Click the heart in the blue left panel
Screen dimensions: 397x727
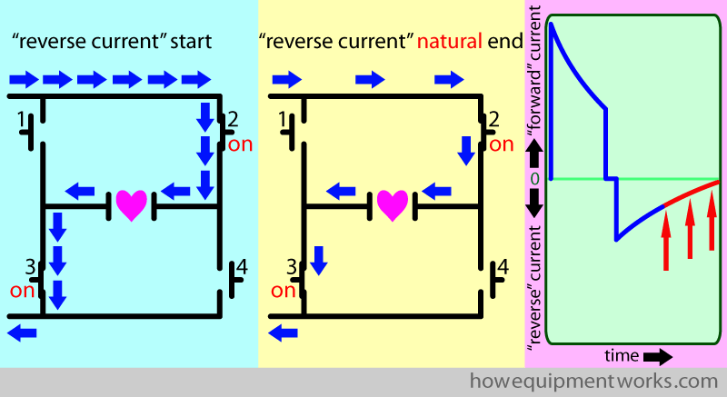pos(131,204)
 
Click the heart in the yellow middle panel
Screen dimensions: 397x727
pos(393,204)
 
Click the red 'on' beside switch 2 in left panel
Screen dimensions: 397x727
pos(241,144)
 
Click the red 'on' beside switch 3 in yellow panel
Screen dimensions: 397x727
pos(284,291)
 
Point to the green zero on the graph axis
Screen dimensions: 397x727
pos(534,179)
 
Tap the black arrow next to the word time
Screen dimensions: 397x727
pos(659,354)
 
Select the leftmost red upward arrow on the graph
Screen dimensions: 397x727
pos(666,233)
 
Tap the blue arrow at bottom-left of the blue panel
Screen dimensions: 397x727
pos(23,333)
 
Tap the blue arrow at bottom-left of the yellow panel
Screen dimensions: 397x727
pos(284,333)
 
